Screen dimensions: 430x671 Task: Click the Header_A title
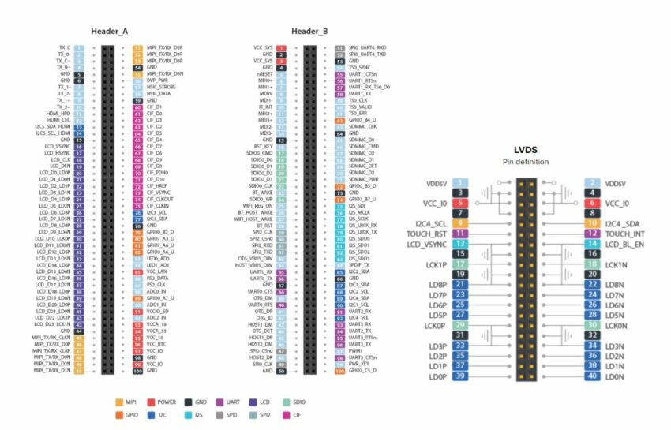(x=110, y=31)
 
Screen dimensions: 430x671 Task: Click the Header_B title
(x=309, y=31)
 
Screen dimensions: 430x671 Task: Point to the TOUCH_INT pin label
(x=625, y=234)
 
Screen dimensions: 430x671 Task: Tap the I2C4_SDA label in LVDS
(x=624, y=224)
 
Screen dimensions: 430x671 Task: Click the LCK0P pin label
(x=435, y=325)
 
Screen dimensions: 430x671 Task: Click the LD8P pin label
(x=437, y=285)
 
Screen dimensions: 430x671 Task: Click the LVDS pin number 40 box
(x=592, y=376)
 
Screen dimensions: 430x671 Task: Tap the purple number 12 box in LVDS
(x=592, y=234)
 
